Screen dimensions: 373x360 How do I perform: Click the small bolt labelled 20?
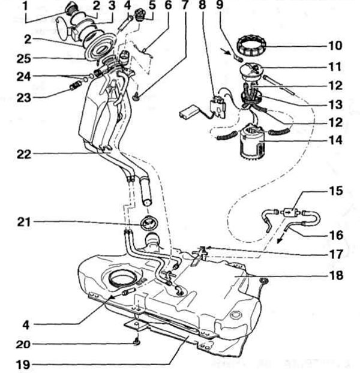[x=137, y=343]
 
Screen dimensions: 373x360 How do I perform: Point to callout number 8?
[x=202, y=8]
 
